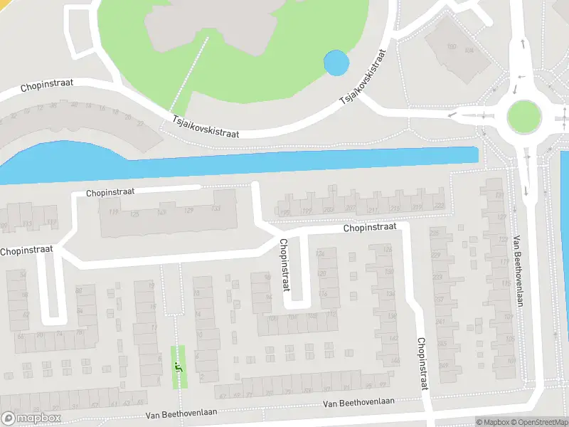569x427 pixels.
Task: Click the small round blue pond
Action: pyautogui.click(x=336, y=63)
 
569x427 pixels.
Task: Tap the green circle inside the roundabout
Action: pyautogui.click(x=524, y=115)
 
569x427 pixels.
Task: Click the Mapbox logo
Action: pyautogui.click(x=31, y=418)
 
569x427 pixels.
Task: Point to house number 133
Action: pyautogui.click(x=216, y=209)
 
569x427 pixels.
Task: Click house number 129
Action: pyautogui.click(x=188, y=210)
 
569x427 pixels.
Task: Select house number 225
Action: pyautogui.click(x=435, y=232)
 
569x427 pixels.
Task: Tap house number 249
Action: pyautogui.click(x=444, y=366)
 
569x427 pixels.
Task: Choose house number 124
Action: pyautogui.click(x=320, y=253)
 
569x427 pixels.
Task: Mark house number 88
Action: pyautogui.click(x=80, y=290)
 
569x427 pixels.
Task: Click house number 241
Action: pyautogui.click(x=442, y=322)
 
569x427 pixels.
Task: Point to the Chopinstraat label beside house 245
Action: pyautogui.click(x=422, y=363)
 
